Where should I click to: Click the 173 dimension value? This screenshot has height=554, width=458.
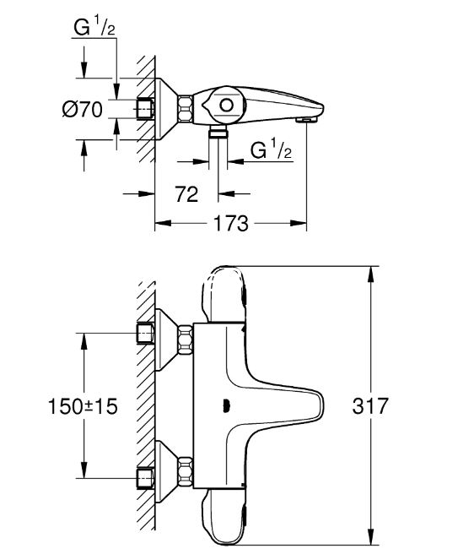[231, 223]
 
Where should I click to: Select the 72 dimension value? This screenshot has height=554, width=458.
[186, 194]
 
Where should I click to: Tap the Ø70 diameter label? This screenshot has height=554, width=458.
[83, 109]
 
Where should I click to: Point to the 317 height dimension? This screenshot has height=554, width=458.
[369, 406]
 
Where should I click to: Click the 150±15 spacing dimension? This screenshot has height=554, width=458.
[83, 406]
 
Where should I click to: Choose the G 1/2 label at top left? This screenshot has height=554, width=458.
[94, 28]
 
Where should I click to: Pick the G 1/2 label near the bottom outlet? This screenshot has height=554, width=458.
[271, 149]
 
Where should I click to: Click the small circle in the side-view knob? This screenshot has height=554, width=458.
[226, 106]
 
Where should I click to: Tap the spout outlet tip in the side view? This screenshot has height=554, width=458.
[307, 121]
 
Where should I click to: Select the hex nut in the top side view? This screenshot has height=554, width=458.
[186, 109]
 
